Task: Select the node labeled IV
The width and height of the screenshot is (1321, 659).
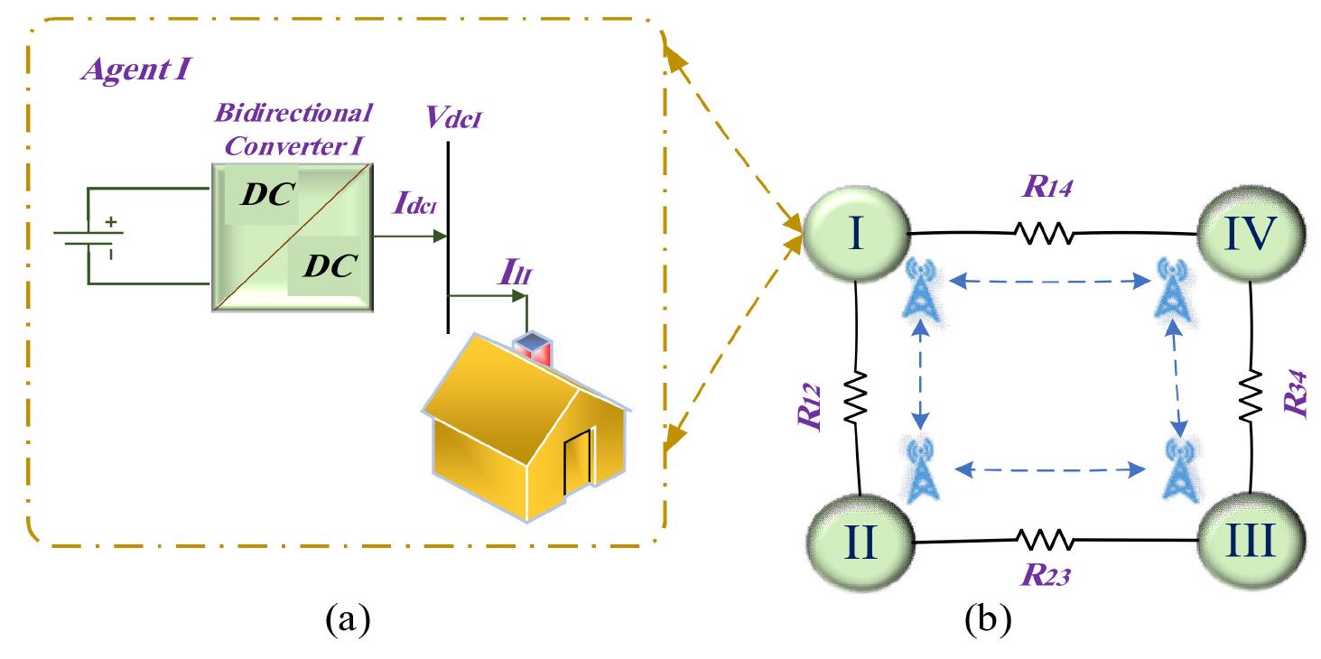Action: [1250, 236]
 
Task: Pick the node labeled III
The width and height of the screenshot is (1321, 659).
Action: [1250, 544]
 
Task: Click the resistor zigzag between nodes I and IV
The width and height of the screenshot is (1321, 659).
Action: [1044, 236]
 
